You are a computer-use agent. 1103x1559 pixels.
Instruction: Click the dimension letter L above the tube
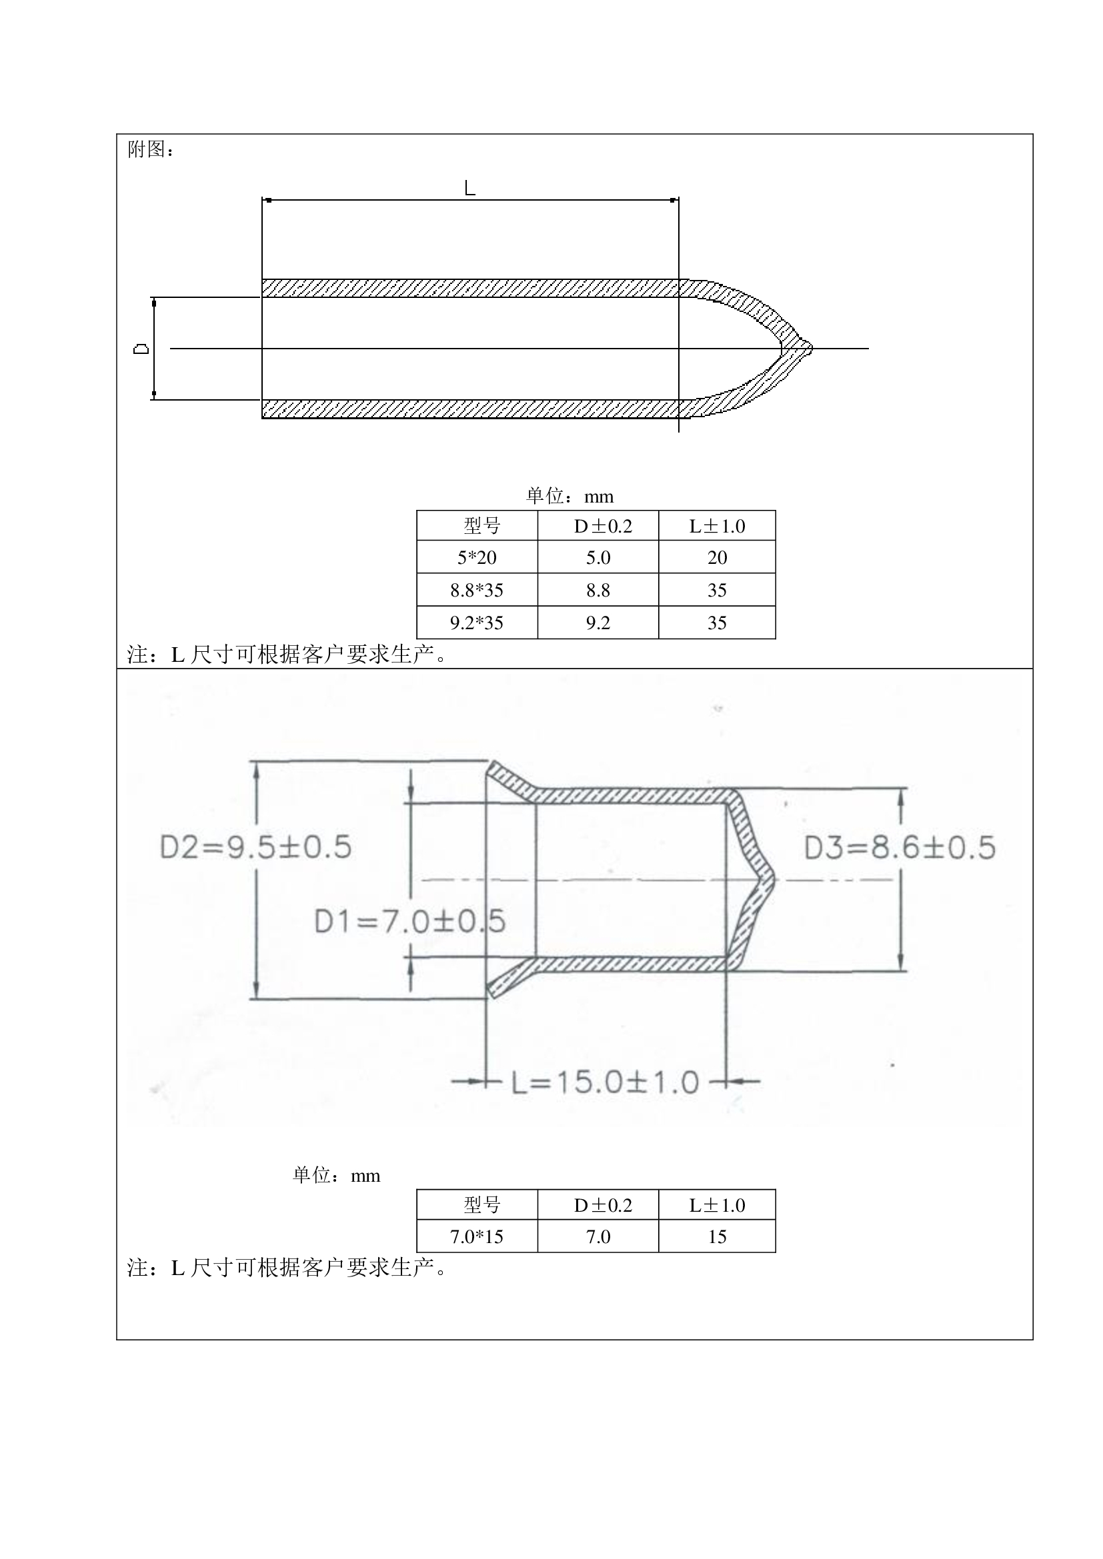(469, 187)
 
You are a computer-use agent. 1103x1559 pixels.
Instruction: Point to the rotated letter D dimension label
(141, 349)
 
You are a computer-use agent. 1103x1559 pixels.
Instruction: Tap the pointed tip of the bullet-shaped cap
(810, 349)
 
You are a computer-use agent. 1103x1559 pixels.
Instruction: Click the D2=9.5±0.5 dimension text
(255, 847)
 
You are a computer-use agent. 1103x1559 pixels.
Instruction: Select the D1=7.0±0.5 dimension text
(409, 921)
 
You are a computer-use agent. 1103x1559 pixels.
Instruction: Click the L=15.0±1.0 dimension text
(605, 1082)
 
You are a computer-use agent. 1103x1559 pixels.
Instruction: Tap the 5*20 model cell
(477, 557)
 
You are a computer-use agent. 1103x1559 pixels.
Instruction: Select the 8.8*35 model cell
(477, 590)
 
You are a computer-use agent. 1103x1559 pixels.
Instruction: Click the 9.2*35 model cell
(477, 623)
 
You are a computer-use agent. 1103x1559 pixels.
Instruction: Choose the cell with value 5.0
(598, 557)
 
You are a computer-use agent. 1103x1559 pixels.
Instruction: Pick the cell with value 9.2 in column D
(598, 623)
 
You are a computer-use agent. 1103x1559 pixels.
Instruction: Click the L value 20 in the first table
(718, 557)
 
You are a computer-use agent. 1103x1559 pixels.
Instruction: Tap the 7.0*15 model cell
(477, 1236)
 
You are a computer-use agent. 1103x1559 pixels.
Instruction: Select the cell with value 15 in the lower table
(718, 1236)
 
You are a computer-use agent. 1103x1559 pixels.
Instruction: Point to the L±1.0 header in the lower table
(718, 1205)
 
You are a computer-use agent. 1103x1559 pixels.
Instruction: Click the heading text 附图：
(151, 149)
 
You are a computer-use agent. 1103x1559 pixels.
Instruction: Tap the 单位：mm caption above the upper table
(570, 497)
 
